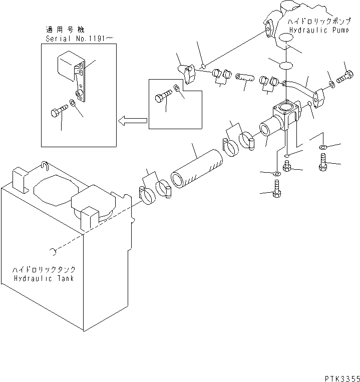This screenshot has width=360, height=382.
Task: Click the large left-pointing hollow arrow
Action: pos(132,120)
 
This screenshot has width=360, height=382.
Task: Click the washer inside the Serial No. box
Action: pos(73,103)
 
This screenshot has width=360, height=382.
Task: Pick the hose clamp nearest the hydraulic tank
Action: pos(144,195)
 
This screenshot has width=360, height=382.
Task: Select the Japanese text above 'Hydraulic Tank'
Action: pos(44,269)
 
